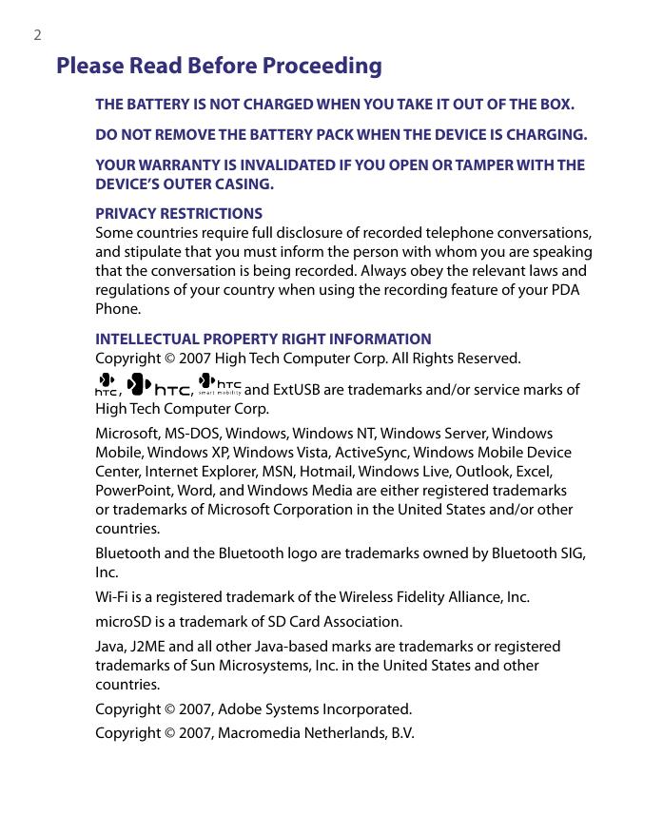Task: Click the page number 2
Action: coord(37,36)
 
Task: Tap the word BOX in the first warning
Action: coord(555,104)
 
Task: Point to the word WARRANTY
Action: coord(176,165)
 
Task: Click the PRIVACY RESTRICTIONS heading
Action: coord(179,214)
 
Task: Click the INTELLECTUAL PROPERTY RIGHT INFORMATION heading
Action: coord(263,340)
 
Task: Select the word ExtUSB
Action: coord(301,389)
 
